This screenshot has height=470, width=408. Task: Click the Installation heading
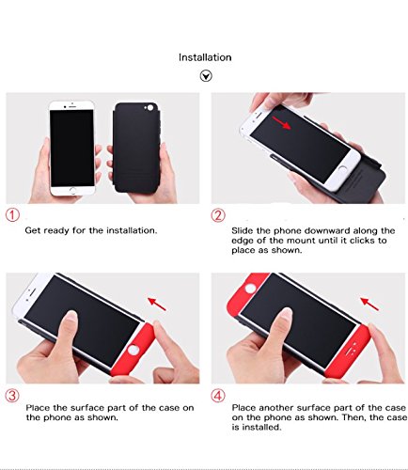click(x=205, y=57)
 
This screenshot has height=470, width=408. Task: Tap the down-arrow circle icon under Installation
click(x=206, y=76)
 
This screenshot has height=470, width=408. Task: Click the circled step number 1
click(x=12, y=215)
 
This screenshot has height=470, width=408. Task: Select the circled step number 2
click(x=218, y=215)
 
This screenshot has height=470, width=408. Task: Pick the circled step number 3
click(x=12, y=396)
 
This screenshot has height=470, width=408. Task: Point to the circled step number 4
click(x=218, y=396)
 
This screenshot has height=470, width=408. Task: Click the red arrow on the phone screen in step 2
click(x=281, y=122)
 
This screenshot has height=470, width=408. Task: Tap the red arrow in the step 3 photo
click(x=157, y=304)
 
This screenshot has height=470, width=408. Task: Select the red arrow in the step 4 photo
click(x=369, y=304)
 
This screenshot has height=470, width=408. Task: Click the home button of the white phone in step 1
click(x=72, y=191)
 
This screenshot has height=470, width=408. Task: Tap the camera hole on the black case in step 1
click(x=150, y=108)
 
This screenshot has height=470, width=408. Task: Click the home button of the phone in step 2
click(x=343, y=169)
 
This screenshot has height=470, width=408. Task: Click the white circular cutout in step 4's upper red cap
click(x=250, y=289)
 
